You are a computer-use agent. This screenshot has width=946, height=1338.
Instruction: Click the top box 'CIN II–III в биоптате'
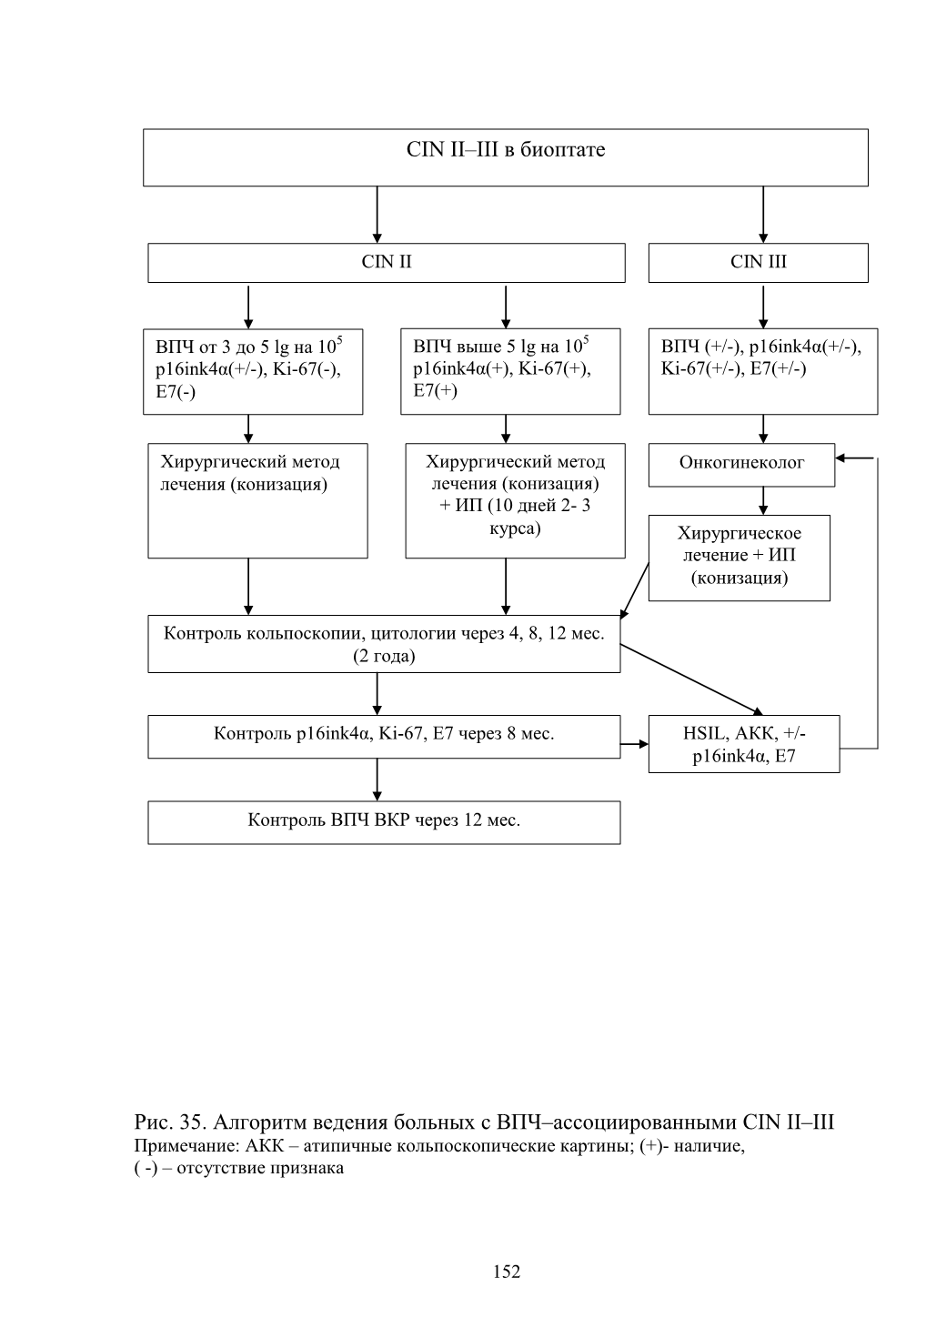coord(505,157)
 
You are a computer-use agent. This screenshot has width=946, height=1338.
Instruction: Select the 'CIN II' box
coord(387,262)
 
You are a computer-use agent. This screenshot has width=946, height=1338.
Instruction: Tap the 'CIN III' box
coord(758,262)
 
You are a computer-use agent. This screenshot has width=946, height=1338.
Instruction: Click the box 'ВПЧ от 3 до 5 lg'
coord(253,371)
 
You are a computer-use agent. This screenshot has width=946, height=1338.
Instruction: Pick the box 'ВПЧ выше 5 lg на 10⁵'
coord(510,371)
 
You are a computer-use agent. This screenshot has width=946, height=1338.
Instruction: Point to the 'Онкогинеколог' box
coord(741,465)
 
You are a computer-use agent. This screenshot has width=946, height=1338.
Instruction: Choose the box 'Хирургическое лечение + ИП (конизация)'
coord(739,558)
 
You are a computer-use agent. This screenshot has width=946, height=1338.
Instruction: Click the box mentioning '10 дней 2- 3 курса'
coord(515,500)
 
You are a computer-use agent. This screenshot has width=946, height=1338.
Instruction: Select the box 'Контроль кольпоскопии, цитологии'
coord(384,644)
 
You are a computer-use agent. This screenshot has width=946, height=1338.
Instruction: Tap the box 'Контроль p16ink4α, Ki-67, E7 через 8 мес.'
coord(384,737)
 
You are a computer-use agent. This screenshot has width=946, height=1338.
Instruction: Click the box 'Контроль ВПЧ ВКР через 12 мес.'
coord(384,822)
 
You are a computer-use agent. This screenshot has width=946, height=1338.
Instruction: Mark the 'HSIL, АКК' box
coord(743,744)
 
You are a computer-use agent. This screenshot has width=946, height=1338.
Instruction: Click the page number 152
coord(507,1272)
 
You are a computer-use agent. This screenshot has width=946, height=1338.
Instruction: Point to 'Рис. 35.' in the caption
coord(170,1122)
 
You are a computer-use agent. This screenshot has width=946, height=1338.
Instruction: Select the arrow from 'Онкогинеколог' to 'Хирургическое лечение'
coord(762,500)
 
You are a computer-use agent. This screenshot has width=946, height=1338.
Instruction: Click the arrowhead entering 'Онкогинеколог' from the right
coord(840,458)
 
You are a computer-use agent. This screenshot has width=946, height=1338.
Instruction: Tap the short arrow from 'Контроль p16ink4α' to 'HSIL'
coord(634,744)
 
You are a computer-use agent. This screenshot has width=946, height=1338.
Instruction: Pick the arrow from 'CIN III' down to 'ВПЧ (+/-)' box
coord(762,307)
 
